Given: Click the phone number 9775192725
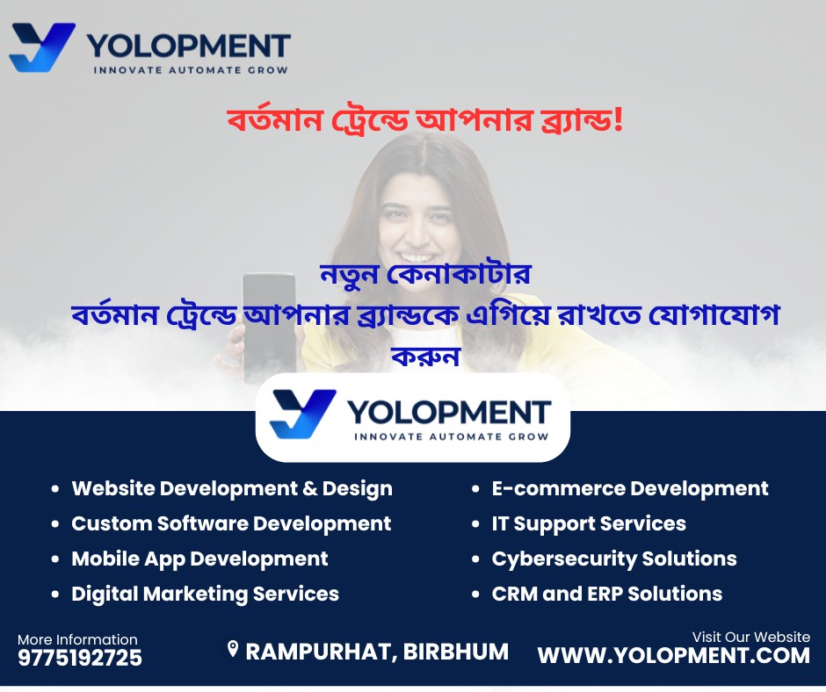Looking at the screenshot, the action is click(x=80, y=658).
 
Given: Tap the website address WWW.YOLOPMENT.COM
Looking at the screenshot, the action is click(x=674, y=656).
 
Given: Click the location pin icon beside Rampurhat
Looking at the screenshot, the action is click(x=232, y=649).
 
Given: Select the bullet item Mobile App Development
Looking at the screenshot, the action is click(x=199, y=559).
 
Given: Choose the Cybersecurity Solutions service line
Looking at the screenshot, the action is click(x=614, y=559).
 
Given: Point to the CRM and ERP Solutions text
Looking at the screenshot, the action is click(x=607, y=594).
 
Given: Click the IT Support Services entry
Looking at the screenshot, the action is click(x=589, y=524).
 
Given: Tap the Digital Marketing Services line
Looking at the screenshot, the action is click(x=205, y=594).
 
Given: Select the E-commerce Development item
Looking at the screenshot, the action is click(x=630, y=488).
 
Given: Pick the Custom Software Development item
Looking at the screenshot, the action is click(x=231, y=524).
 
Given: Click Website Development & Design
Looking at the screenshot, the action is click(x=232, y=489).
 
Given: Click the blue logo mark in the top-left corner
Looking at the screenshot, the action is click(x=42, y=47).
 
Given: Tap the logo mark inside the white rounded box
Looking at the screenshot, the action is click(x=303, y=414).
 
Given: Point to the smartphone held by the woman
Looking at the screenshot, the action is click(x=269, y=322).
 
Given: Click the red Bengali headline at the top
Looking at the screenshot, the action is click(x=425, y=120).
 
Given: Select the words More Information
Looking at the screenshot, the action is click(x=77, y=639).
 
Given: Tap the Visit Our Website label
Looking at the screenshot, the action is click(x=750, y=637).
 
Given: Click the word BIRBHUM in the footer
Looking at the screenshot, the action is click(x=456, y=652).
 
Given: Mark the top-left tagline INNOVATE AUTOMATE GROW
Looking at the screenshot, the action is click(x=191, y=70).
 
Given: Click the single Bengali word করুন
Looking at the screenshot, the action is click(x=425, y=357).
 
